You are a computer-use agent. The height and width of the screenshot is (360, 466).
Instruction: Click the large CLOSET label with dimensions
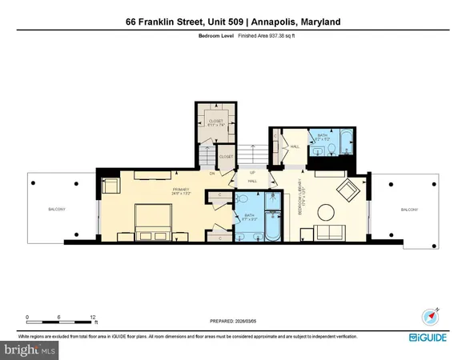tap(211, 122)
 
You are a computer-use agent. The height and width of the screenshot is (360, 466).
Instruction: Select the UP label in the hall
tap(251, 173)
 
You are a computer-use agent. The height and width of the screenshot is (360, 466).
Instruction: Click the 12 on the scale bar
tap(94, 317)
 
